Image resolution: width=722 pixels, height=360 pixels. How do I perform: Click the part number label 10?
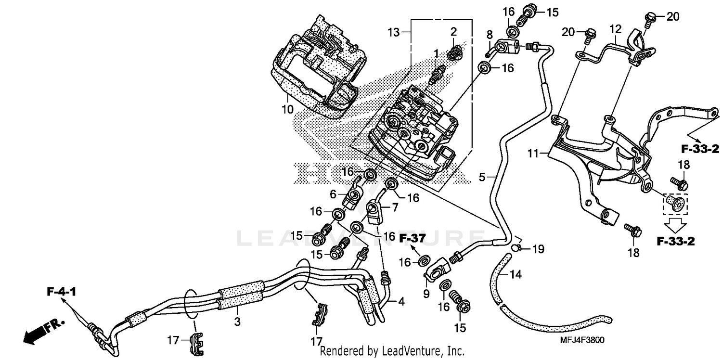point(287,109)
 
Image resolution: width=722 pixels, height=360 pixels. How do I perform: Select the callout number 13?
point(394,33)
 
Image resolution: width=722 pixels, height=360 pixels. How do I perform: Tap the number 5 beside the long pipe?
point(482,177)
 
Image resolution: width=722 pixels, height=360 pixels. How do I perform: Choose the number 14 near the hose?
point(516,274)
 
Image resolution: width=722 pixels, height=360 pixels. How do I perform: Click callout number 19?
point(538,249)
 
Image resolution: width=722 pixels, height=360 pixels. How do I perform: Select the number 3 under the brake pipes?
point(237,321)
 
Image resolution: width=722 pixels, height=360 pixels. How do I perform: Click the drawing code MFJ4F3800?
point(581,340)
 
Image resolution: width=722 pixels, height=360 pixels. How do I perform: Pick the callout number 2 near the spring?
point(453,32)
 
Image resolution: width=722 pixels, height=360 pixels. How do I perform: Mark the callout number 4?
point(401,302)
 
